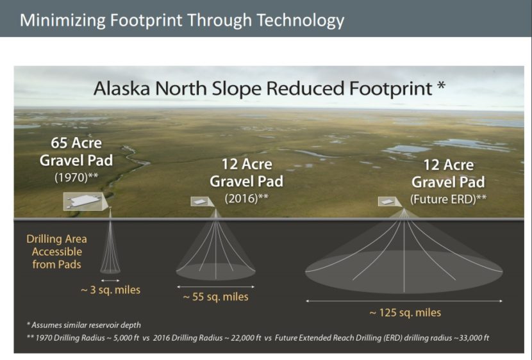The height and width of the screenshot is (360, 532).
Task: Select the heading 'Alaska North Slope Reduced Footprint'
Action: coord(262,88)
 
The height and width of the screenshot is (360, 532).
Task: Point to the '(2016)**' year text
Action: coord(246,198)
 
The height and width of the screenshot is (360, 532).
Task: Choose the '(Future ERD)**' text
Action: coord(448,198)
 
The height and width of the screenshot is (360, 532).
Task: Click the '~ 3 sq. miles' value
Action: coord(110,290)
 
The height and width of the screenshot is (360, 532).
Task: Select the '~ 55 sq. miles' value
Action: coord(215,297)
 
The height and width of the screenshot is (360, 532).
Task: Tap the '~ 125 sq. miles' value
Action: coord(404,313)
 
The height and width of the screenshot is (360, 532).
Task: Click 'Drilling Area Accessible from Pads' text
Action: coord(56,251)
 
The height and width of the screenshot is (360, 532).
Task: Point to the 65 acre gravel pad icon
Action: coord(85,201)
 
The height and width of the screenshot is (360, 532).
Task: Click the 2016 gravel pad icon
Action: coord(201,202)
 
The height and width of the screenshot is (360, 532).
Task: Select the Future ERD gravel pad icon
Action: coord(387,201)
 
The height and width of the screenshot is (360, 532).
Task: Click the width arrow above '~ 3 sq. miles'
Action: coord(110,280)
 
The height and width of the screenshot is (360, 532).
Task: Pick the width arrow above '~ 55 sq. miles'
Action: coord(215,286)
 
